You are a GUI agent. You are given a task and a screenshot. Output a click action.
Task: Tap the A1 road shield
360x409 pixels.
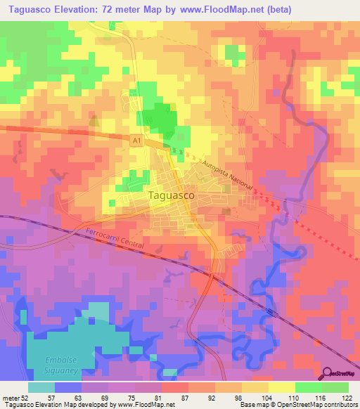coord(136,141)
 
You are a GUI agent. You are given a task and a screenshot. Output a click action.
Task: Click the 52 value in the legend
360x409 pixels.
coord(27,397)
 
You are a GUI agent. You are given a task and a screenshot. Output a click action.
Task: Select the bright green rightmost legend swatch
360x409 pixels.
coord(335,387)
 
